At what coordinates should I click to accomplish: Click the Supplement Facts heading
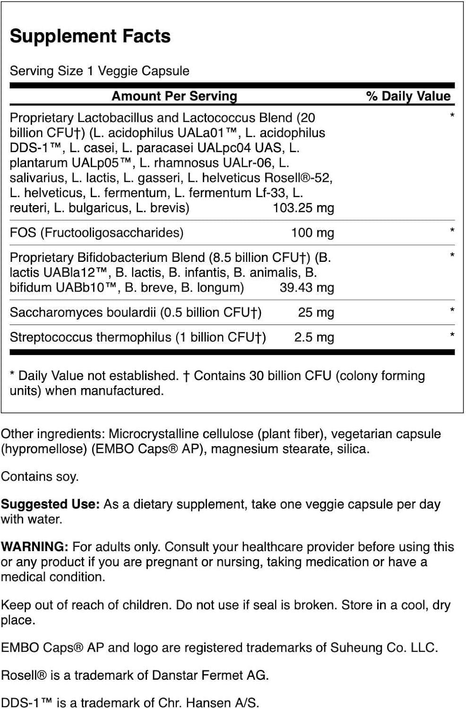click(x=90, y=36)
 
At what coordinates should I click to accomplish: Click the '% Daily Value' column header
click(x=408, y=96)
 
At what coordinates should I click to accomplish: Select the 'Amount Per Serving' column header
click(x=174, y=96)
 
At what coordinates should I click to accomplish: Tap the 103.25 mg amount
click(x=303, y=208)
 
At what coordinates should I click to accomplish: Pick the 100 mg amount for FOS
click(x=312, y=233)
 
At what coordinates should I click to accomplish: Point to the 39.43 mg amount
click(x=306, y=287)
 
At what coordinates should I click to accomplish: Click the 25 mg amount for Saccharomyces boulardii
click(x=316, y=312)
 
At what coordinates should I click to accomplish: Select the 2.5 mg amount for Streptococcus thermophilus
click(x=314, y=337)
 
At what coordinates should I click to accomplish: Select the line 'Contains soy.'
click(x=40, y=476)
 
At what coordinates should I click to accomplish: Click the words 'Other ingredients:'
click(x=53, y=434)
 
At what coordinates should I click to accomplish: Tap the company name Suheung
click(x=346, y=648)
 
